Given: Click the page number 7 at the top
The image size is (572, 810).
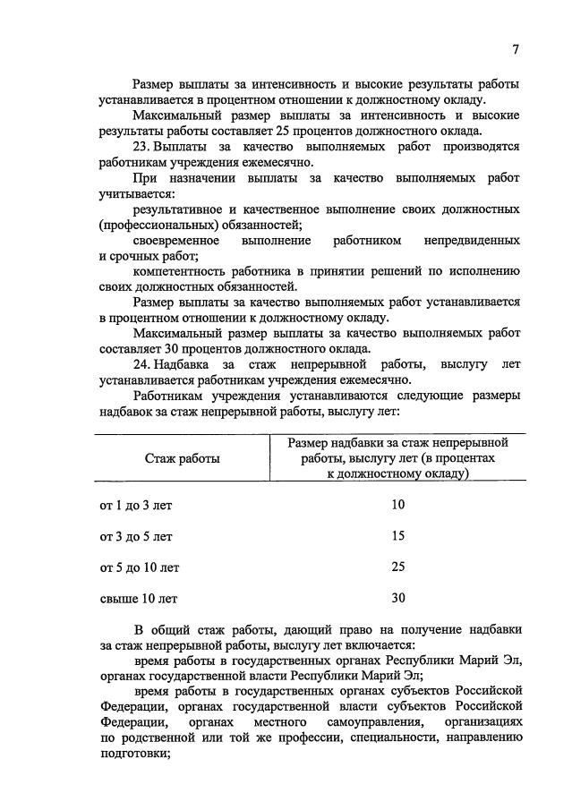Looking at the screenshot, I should (516, 49).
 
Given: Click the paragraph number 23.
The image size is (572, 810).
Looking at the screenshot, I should (141, 147).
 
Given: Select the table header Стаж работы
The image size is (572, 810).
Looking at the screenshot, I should (183, 458).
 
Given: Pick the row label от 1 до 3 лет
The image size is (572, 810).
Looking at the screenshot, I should (136, 505).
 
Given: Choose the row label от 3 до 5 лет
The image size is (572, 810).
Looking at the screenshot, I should (136, 536).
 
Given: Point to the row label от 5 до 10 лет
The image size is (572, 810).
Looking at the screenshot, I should (140, 567).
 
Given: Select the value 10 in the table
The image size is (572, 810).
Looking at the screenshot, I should (398, 505).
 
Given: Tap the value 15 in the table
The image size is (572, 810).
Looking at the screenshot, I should (398, 536).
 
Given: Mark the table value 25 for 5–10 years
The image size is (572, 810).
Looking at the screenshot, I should (398, 567).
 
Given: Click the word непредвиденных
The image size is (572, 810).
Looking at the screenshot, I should (475, 241).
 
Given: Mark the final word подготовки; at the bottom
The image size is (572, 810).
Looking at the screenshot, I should (134, 754).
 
